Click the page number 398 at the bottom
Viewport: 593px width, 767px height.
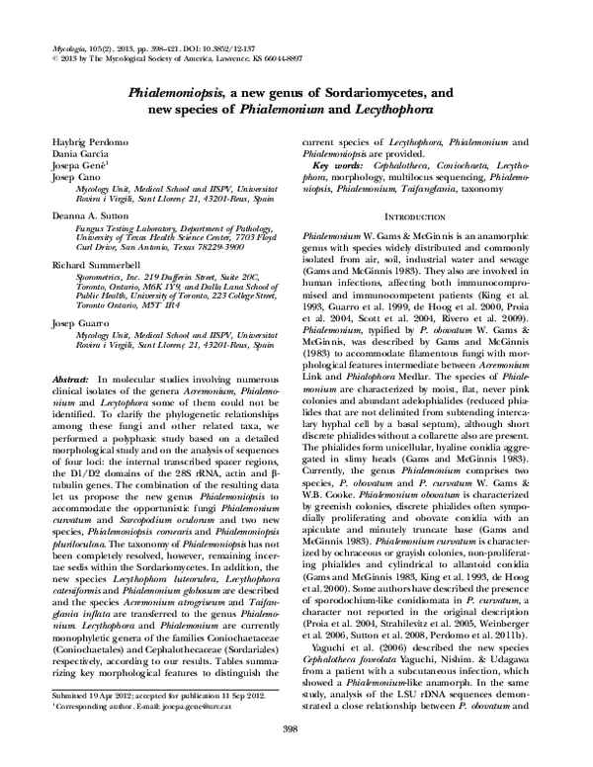point(296,728)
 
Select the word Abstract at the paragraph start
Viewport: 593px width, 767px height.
point(70,352)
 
